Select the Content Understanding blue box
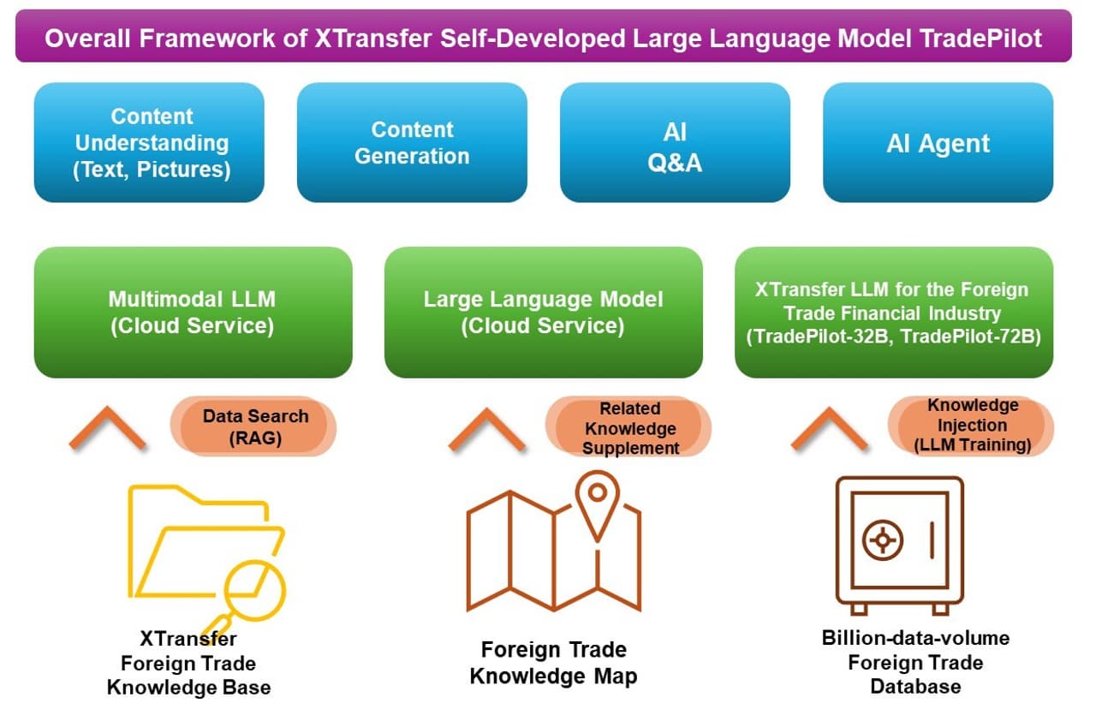pos(149,142)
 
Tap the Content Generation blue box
pos(412,142)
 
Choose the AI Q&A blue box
pos(675,142)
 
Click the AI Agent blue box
pos(938,142)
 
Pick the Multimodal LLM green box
pos(193,313)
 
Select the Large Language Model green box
pos(543,313)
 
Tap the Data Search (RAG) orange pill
pos(254,426)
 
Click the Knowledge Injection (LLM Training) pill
pos(972,425)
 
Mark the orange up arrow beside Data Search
pos(107,429)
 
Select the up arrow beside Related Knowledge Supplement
pos(486,429)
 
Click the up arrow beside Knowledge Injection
pos(829,429)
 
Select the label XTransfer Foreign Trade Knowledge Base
pos(188,663)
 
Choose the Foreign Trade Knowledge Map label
pos(554,662)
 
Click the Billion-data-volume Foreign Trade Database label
pos(915,662)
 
